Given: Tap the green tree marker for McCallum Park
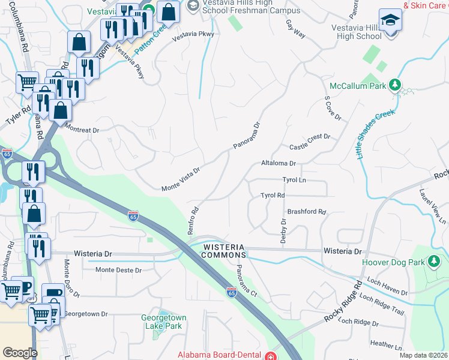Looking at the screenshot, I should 396,85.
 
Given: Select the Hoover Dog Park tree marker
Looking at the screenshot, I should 433,262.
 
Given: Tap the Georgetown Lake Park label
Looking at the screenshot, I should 163,322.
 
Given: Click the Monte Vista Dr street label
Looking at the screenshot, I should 180,180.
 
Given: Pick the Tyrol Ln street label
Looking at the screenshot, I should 294,180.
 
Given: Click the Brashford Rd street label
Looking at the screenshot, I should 306,212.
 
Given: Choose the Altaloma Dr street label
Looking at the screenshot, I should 279,163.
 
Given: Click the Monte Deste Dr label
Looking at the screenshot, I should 118,270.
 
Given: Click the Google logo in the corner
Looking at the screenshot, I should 20,353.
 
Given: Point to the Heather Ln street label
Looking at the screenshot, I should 386,345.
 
